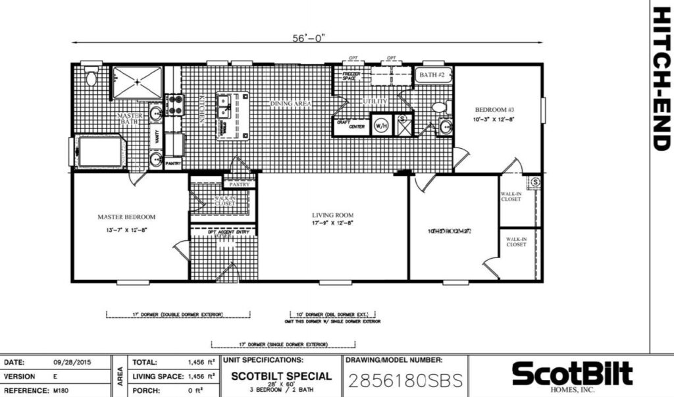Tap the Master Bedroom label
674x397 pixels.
(x=126, y=217)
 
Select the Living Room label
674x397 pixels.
(x=332, y=215)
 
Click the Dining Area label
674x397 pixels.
(x=290, y=104)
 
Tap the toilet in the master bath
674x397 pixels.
(x=91, y=78)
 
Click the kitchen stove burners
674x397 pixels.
(x=174, y=103)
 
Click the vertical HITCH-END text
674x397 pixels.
(x=661, y=79)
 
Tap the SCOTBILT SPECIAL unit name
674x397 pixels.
(x=280, y=377)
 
